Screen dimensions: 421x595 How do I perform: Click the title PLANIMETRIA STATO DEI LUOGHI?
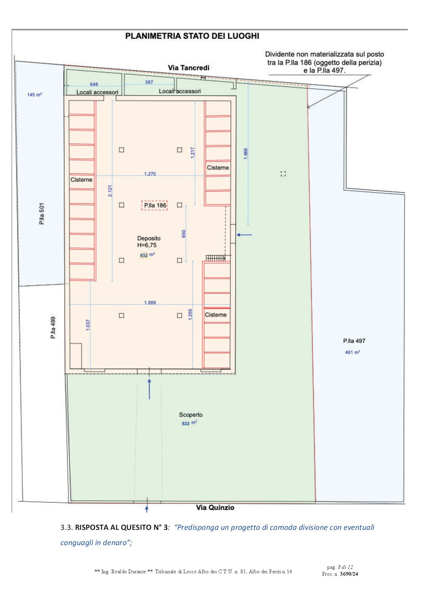[x=192, y=36]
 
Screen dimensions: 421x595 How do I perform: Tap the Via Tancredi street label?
[x=188, y=68]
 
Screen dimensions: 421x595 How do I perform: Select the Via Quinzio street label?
[x=215, y=507]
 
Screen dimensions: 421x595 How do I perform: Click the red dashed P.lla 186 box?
[x=154, y=205]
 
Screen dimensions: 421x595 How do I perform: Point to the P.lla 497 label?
[x=354, y=341]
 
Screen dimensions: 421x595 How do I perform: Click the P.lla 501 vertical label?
[x=42, y=214]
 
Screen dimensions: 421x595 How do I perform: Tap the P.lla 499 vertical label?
[x=53, y=328]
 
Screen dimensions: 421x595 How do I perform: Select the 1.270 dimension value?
[x=150, y=174]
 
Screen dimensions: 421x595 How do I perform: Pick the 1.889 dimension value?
[x=150, y=303]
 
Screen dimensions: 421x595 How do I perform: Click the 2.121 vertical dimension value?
[x=110, y=191]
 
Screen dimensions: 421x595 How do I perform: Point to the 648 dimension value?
[x=94, y=84]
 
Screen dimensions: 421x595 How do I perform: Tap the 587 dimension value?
[x=149, y=82]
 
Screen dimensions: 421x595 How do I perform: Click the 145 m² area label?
[x=34, y=95]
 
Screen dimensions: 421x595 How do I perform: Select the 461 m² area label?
[x=352, y=352]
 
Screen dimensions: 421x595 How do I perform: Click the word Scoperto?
[x=191, y=415]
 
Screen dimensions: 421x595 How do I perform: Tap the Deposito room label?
[x=149, y=238]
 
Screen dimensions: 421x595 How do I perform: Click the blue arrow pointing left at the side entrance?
[x=244, y=235]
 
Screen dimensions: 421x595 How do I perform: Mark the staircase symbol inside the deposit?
[x=215, y=258]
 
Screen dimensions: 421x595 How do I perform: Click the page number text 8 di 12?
[x=345, y=567]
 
